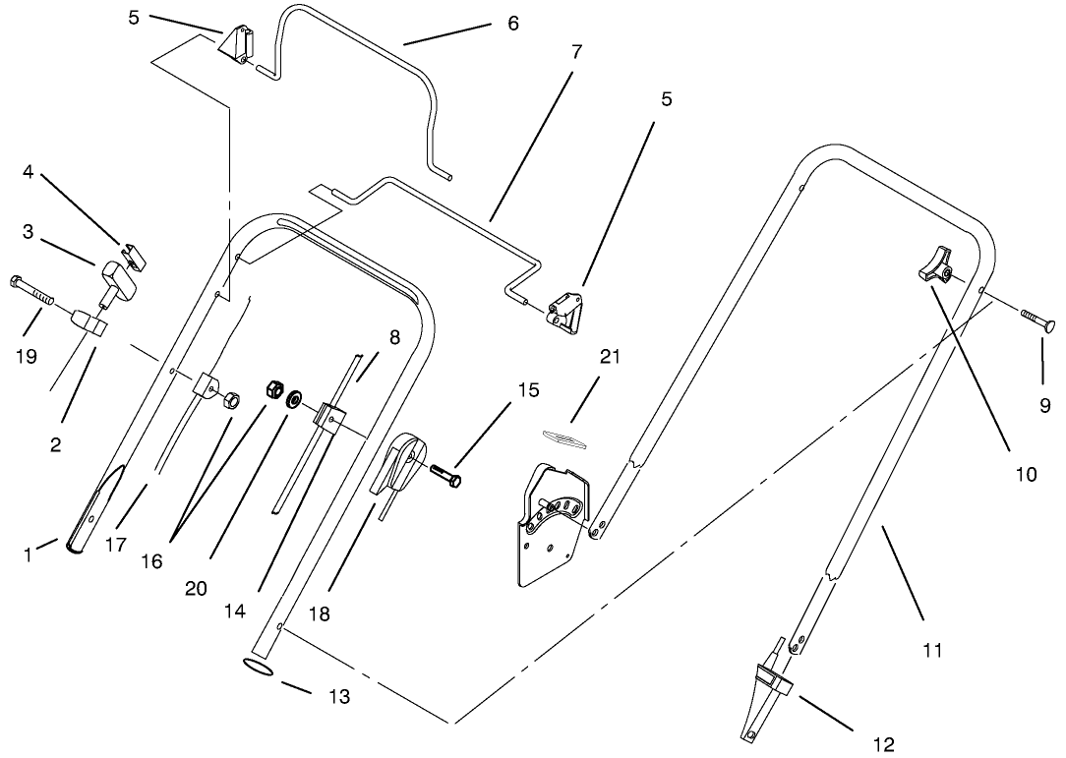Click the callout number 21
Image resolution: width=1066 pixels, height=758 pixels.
point(610,357)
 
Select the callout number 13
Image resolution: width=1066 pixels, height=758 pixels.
point(337,697)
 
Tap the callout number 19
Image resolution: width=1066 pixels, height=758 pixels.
point(27,357)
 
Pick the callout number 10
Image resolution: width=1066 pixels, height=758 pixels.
point(1026,475)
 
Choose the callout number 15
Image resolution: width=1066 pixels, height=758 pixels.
point(527,390)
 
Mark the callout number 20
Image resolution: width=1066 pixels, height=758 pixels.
point(196,588)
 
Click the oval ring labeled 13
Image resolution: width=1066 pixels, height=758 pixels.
point(258,669)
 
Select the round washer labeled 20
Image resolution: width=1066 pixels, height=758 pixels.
point(293,400)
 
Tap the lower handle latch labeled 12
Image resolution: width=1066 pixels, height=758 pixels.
point(769,688)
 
